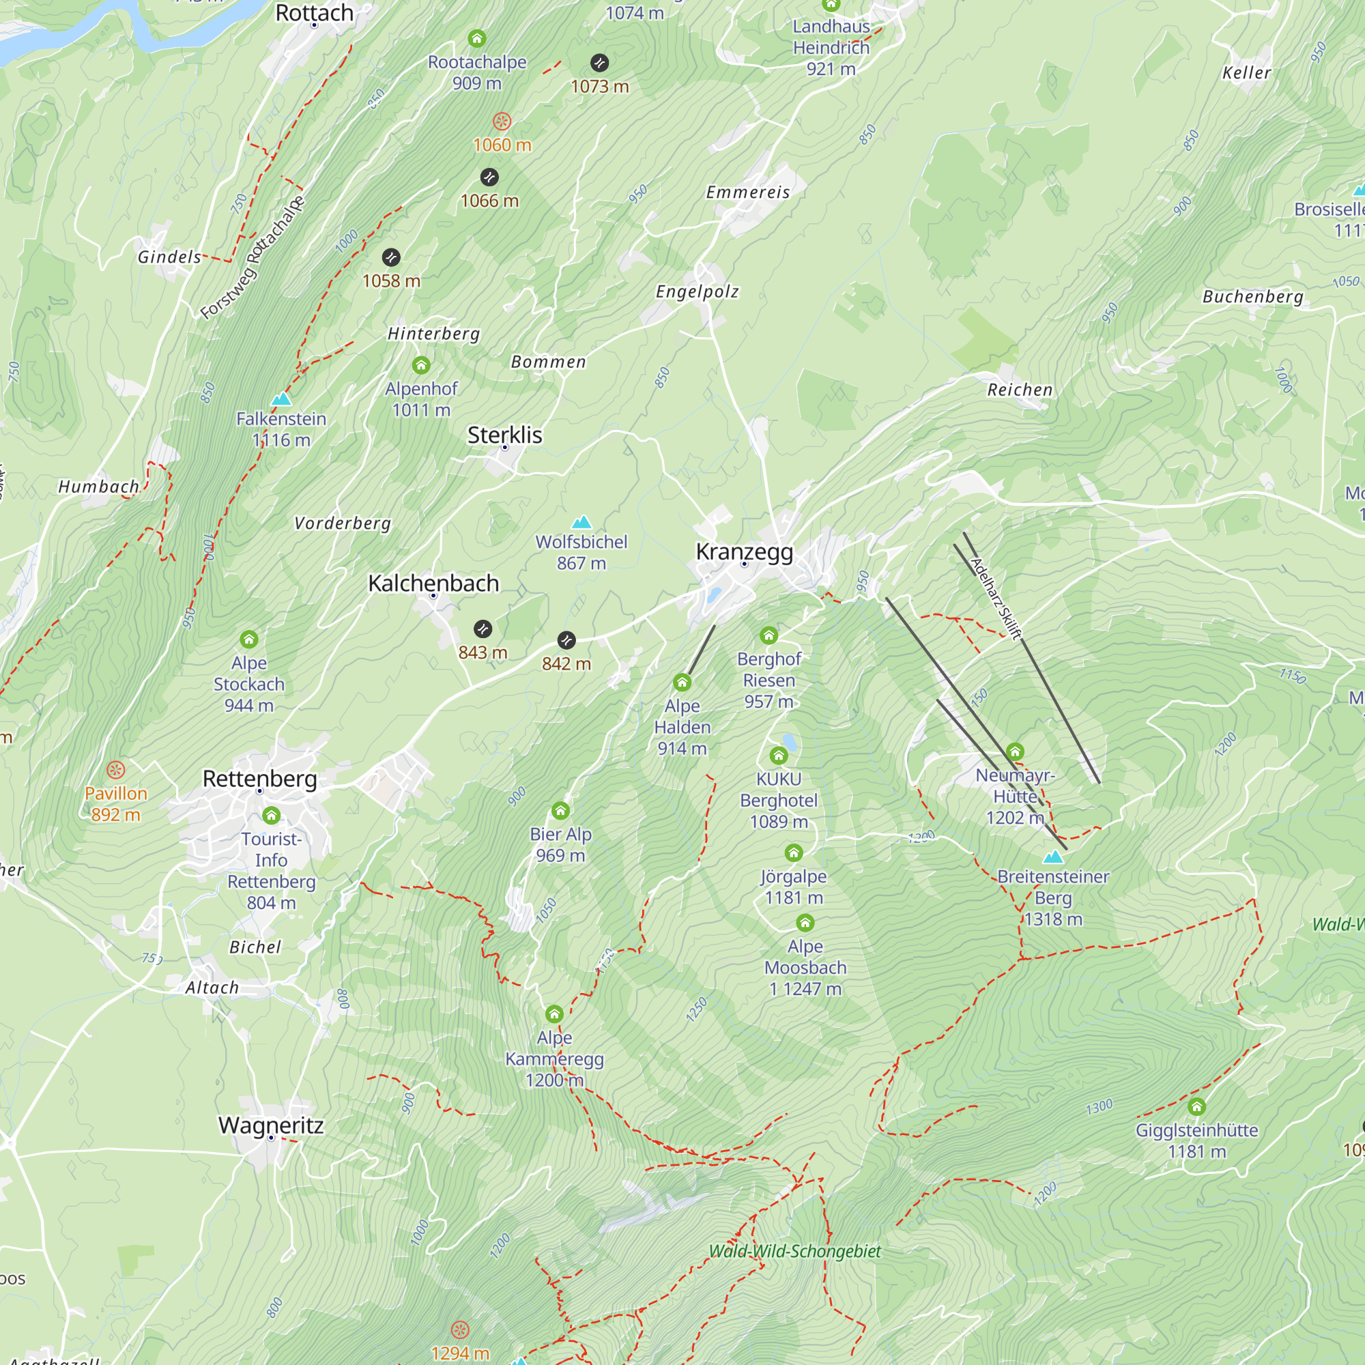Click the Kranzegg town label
click(744, 551)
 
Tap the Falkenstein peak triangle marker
click(281, 399)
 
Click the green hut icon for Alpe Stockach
click(248, 640)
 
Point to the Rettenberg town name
click(259, 779)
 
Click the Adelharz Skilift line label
click(996, 599)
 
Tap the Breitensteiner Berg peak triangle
click(1052, 857)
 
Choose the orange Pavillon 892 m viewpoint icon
click(116, 769)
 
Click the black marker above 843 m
click(483, 628)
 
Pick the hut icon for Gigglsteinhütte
click(1196, 1106)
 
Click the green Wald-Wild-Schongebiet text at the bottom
click(794, 1251)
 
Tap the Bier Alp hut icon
click(560, 810)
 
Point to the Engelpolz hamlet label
click(697, 292)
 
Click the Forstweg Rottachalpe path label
click(253, 257)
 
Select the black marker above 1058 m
click(390, 257)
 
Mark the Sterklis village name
click(504, 435)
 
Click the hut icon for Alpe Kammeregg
click(554, 1015)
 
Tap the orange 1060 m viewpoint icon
click(502, 121)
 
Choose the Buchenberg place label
click(1252, 297)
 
